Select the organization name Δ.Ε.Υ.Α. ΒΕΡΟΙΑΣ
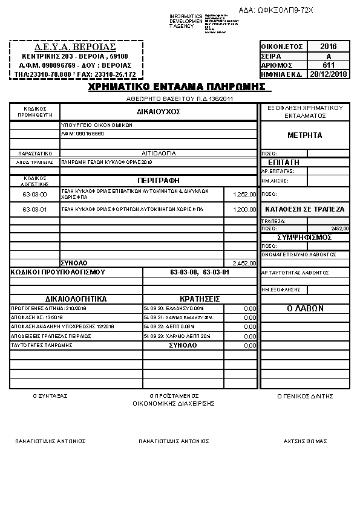76,47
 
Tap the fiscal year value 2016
328,47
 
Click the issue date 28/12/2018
328,74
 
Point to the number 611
328,65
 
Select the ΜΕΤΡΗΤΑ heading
304,135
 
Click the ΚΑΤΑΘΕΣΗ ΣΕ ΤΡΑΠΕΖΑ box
304,209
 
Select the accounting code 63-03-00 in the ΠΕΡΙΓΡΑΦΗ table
34,194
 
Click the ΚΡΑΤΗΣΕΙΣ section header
200,299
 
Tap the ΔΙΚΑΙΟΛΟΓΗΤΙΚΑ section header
76,299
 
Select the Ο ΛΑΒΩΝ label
304,308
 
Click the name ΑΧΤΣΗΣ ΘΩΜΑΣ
305,441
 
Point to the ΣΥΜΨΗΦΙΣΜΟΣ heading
304,238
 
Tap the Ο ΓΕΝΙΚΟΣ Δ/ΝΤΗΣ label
305,396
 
